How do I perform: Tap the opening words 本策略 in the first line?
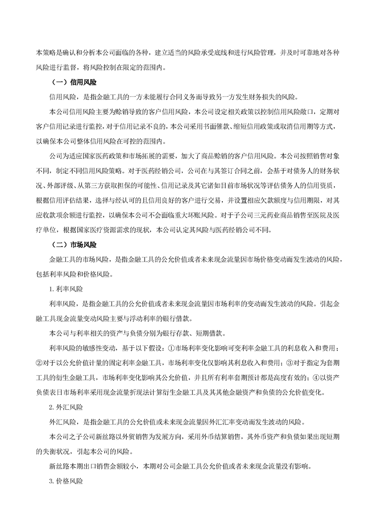click(x=46, y=53)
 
